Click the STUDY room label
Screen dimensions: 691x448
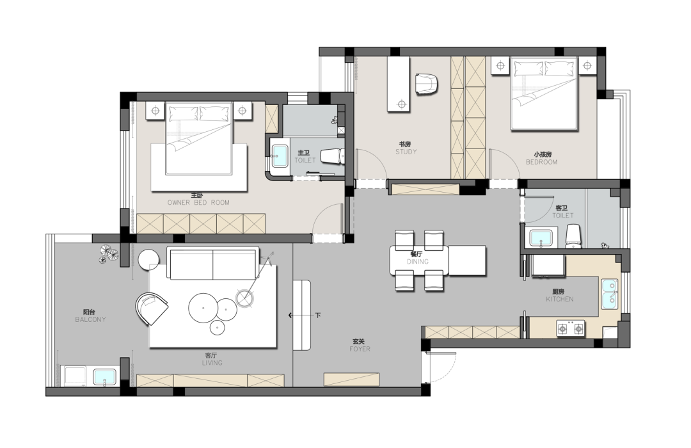coord(406,152)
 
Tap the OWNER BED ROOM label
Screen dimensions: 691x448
coord(198,203)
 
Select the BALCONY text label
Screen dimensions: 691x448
coord(90,320)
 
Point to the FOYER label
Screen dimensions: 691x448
coord(360,349)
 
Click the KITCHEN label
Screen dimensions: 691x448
coord(560,299)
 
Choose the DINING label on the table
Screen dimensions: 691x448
coord(418,262)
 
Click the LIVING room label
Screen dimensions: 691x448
coord(212,363)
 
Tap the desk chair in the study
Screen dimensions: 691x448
coord(427,84)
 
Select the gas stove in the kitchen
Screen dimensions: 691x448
coord(571,328)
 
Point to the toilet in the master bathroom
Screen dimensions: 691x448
coord(332,157)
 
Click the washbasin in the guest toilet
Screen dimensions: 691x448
coord(541,238)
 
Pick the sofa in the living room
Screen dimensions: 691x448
coord(213,263)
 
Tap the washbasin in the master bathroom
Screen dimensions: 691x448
coord(280,156)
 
